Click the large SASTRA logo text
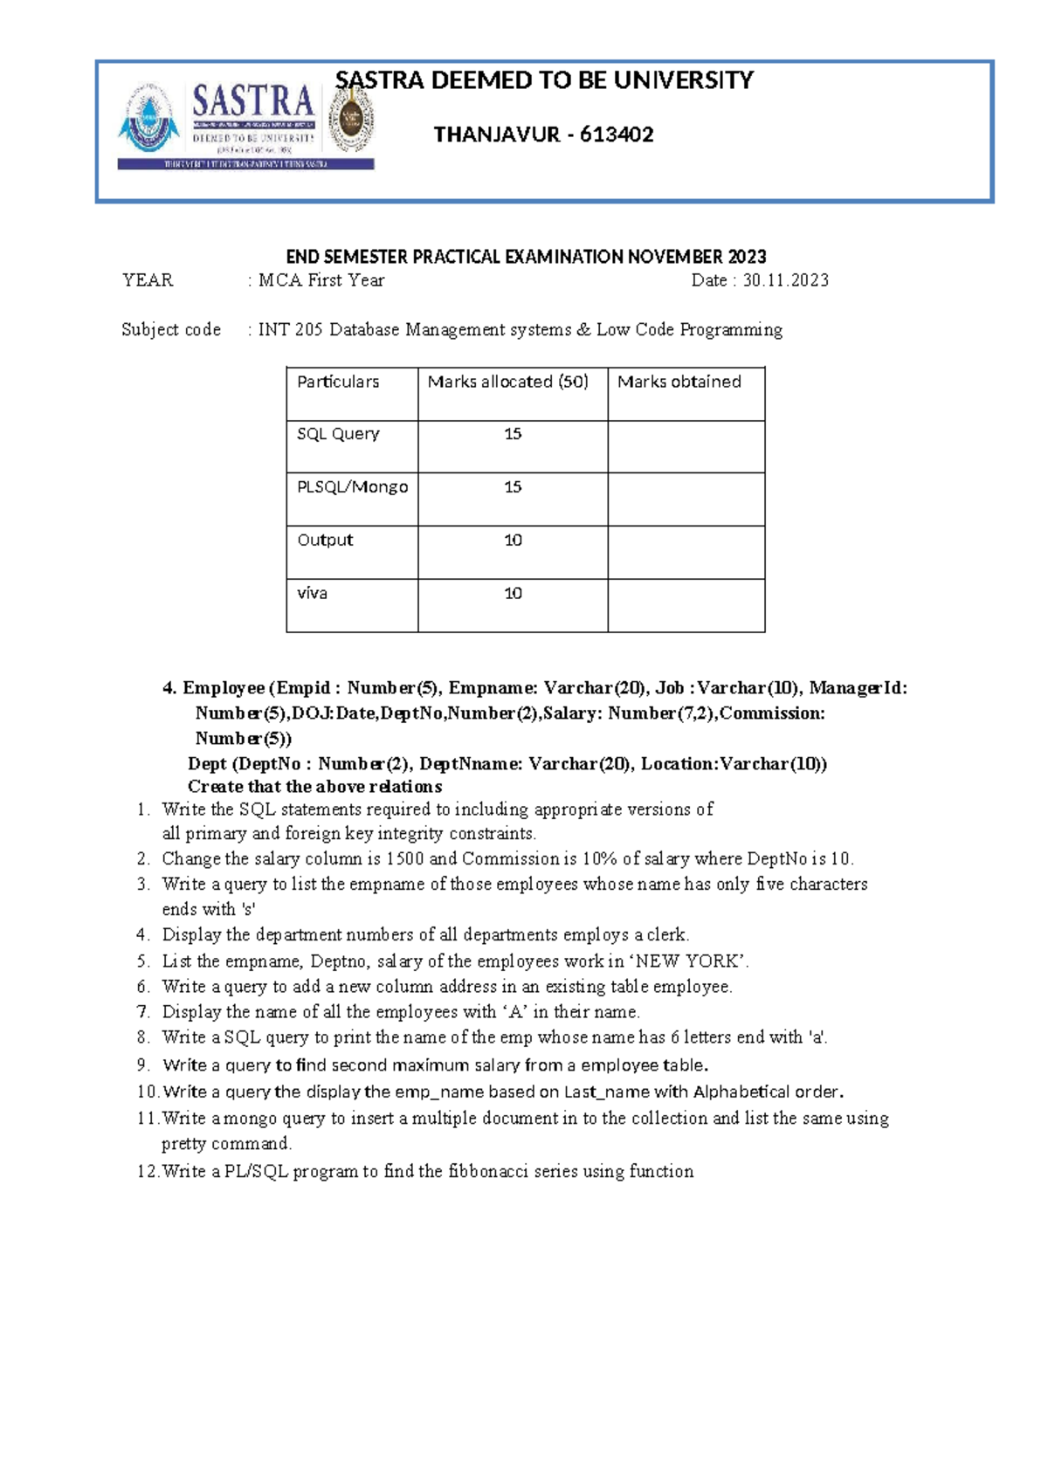point(252,102)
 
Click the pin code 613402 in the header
point(617,134)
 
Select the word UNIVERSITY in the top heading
point(683,80)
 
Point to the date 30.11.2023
point(785,280)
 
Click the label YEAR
point(148,280)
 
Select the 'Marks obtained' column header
point(679,382)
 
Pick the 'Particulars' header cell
point(338,382)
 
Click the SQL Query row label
point(338,434)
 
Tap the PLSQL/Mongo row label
point(352,487)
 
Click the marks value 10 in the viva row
point(513,594)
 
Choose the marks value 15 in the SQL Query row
point(513,434)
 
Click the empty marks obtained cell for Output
point(686,552)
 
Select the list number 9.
point(143,1065)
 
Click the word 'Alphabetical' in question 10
point(741,1092)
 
